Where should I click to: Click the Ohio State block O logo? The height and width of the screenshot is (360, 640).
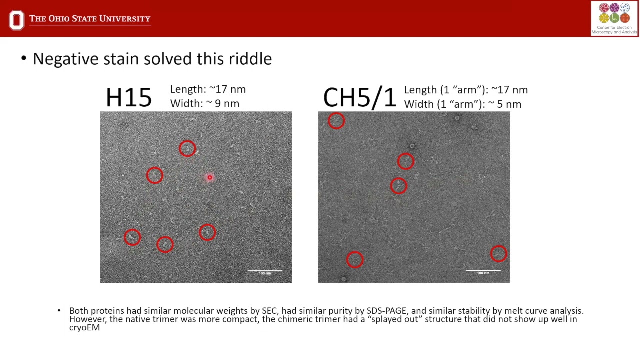pyautogui.click(x=16, y=20)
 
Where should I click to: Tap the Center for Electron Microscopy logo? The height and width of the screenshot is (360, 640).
pyautogui.click(x=614, y=19)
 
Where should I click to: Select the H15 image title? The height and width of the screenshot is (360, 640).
pyautogui.click(x=129, y=97)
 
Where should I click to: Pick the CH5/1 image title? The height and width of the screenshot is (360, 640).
pyautogui.click(x=359, y=97)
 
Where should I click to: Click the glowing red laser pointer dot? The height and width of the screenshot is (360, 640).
pyautogui.click(x=210, y=177)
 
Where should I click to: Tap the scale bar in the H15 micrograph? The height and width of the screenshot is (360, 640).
pyautogui.click(x=265, y=271)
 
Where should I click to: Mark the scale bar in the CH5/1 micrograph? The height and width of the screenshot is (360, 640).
pyautogui.click(x=483, y=271)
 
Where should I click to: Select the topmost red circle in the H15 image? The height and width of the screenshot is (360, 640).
pyautogui.click(x=187, y=148)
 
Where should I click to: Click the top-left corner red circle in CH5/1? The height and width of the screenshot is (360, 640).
pyautogui.click(x=336, y=120)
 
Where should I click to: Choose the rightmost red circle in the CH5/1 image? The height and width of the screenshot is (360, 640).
pyautogui.click(x=498, y=253)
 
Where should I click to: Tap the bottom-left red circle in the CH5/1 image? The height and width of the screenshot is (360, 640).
pyautogui.click(x=354, y=259)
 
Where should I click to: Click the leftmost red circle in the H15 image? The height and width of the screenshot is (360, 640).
pyautogui.click(x=132, y=237)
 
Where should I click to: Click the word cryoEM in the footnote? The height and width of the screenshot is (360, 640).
pyautogui.click(x=84, y=327)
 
